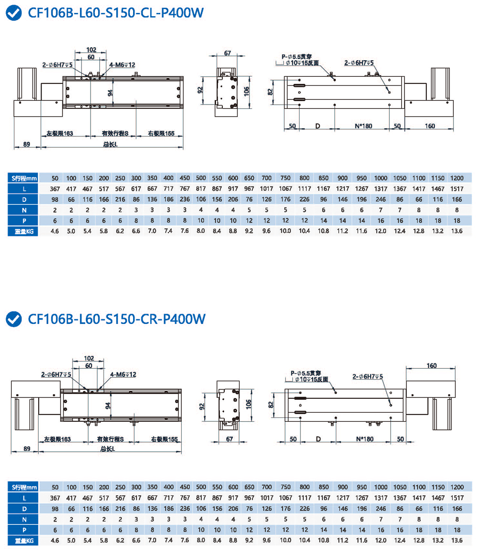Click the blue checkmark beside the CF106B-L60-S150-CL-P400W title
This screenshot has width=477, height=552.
[14, 13]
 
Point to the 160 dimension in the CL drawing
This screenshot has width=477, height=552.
[430, 126]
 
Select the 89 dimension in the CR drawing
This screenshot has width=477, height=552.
[27, 448]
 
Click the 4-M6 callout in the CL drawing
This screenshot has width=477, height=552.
[122, 65]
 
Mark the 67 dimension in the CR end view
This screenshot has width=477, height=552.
[230, 439]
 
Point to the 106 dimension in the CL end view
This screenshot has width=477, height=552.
[246, 91]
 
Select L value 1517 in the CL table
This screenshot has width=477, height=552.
[456, 188]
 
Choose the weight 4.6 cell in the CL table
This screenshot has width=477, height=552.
[55, 231]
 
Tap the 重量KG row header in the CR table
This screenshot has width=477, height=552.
[24, 541]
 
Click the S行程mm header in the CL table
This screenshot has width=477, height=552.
[24, 177]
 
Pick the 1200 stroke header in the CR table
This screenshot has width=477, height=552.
[456, 487]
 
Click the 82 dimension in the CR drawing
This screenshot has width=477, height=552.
[270, 404]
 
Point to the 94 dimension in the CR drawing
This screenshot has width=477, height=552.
[108, 406]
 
